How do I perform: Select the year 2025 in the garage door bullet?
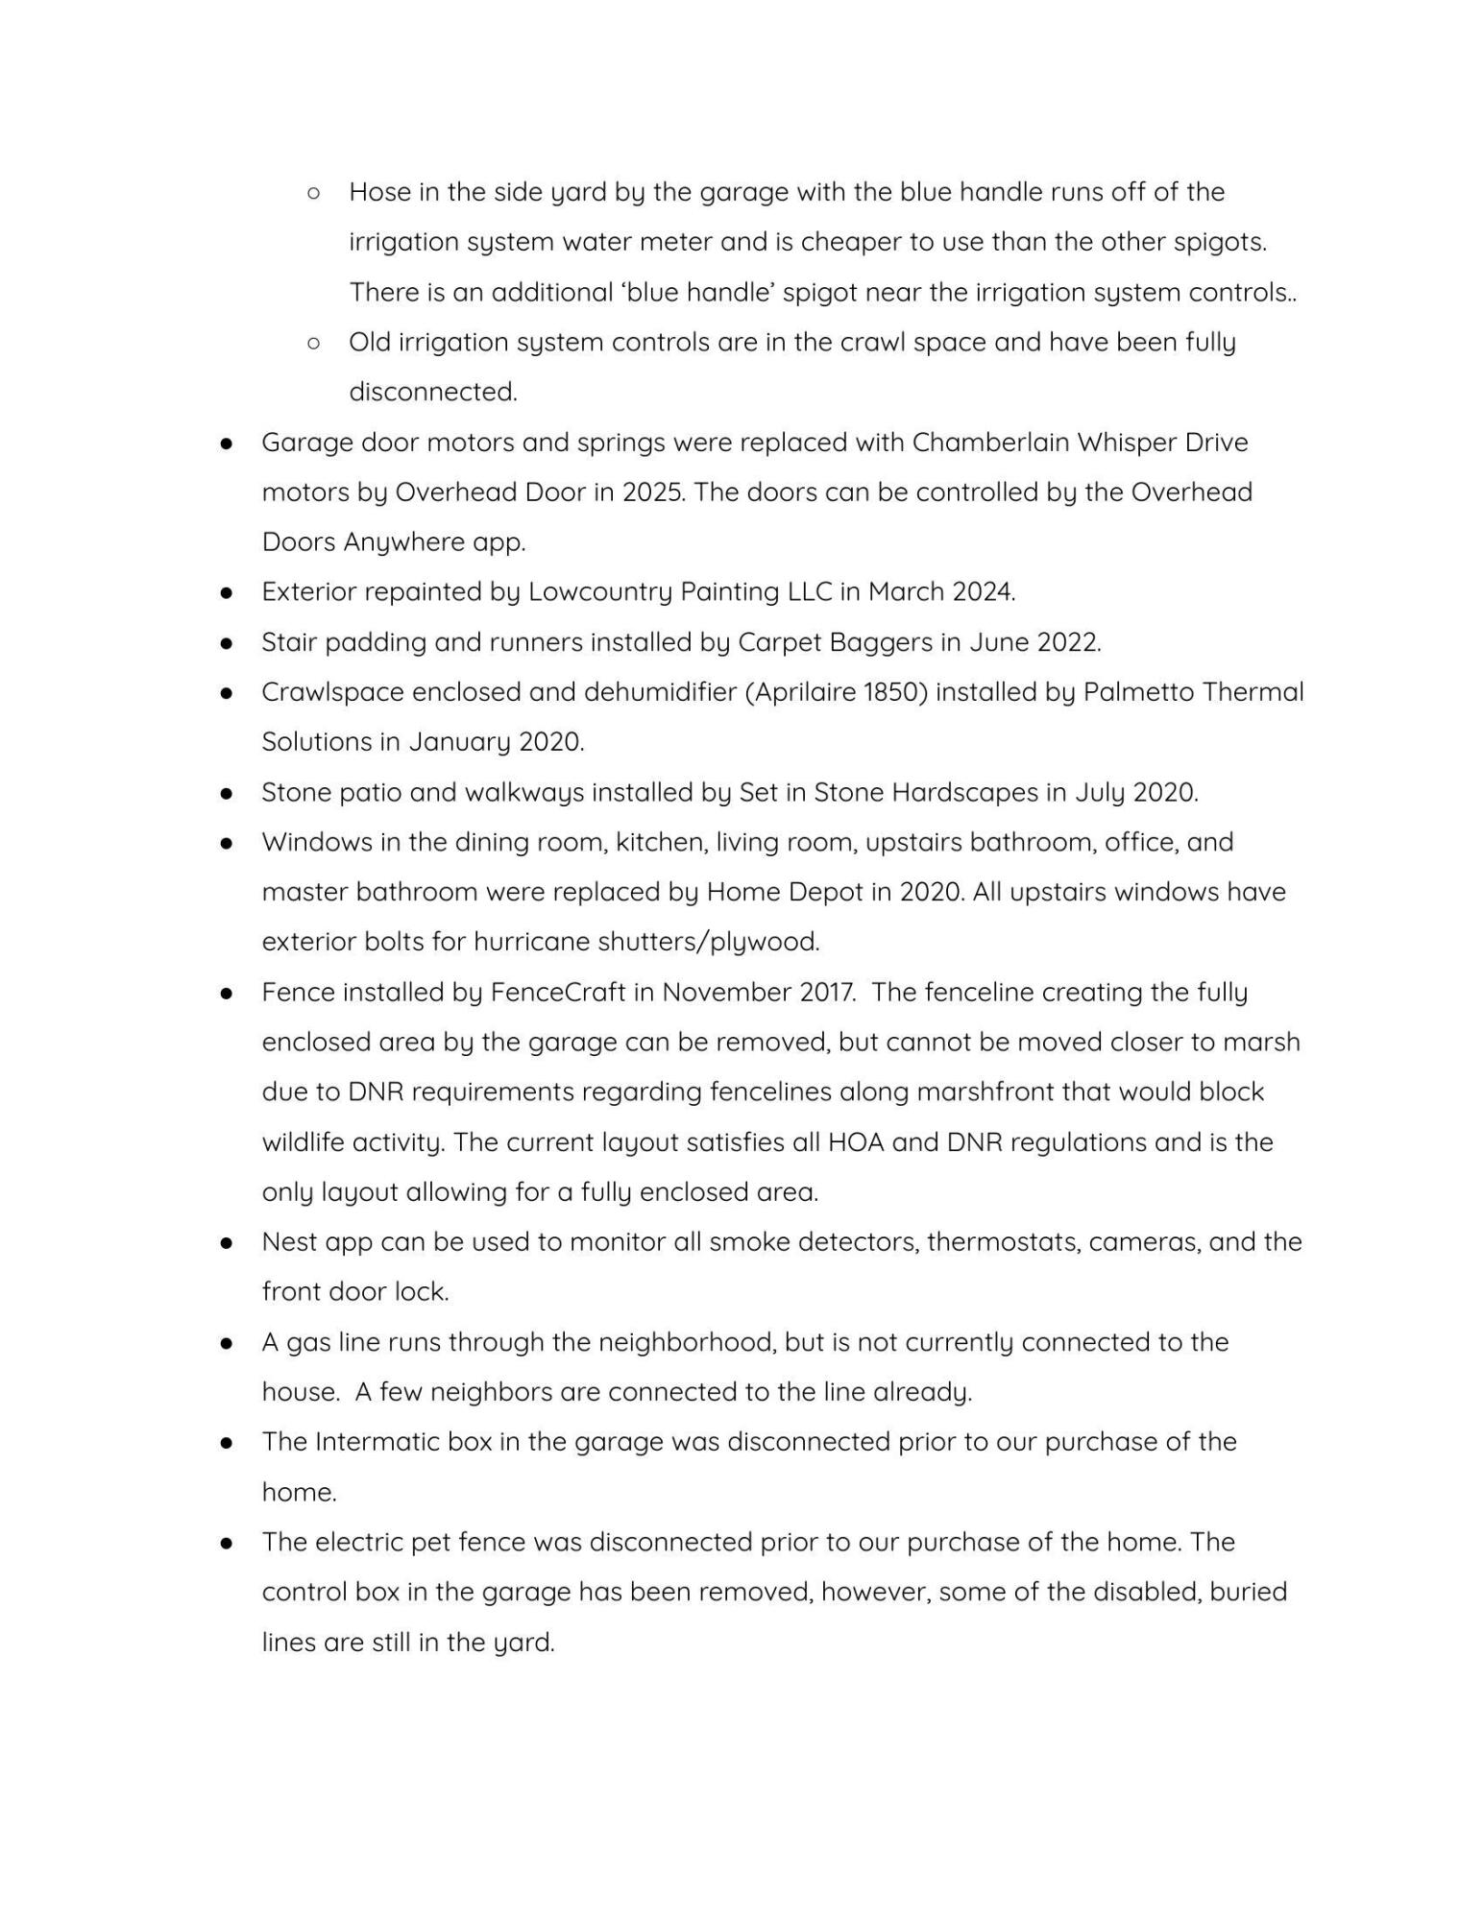pyautogui.click(x=649, y=492)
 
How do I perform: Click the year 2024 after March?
pyautogui.click(x=982, y=592)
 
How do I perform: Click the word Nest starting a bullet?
pyautogui.click(x=288, y=1242)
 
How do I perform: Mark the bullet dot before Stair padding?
pyautogui.click(x=227, y=643)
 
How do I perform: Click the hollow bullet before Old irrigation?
pyautogui.click(x=313, y=343)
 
